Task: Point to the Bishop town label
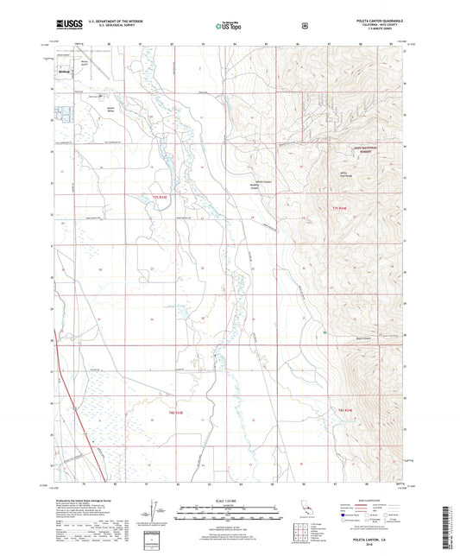[64, 72]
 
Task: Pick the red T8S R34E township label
[346, 409]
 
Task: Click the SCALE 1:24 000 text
[229, 500]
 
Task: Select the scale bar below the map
[229, 515]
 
